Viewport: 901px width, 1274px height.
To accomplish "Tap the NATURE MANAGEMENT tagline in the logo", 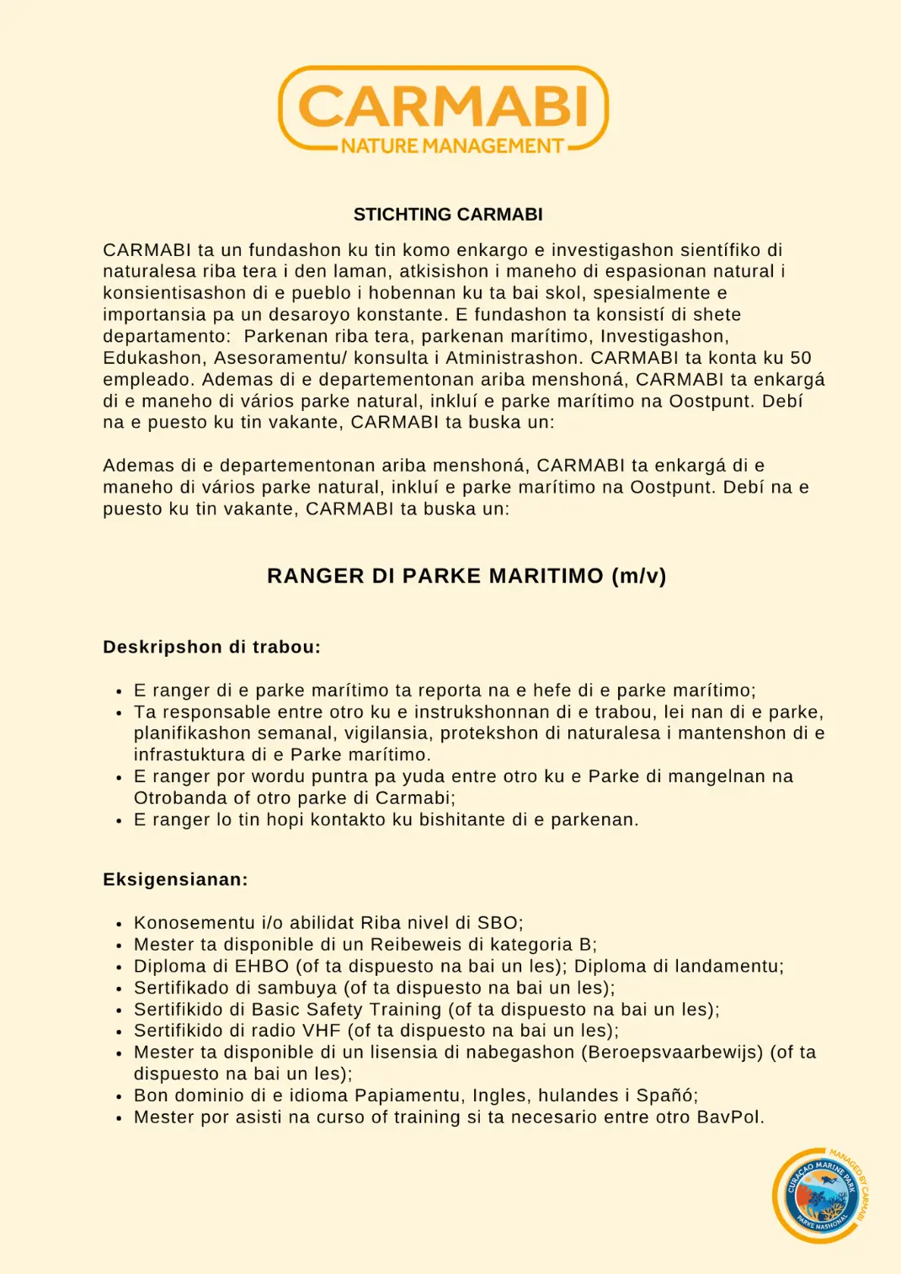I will click(452, 147).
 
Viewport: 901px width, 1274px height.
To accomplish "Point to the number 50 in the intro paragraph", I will click(801, 358).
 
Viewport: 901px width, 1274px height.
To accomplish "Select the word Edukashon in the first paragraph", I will click(153, 358).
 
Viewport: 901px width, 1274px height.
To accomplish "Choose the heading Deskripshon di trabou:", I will click(211, 647).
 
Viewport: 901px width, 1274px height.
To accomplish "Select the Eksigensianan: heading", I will click(175, 880).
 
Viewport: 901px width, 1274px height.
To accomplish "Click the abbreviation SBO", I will click(497, 923).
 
